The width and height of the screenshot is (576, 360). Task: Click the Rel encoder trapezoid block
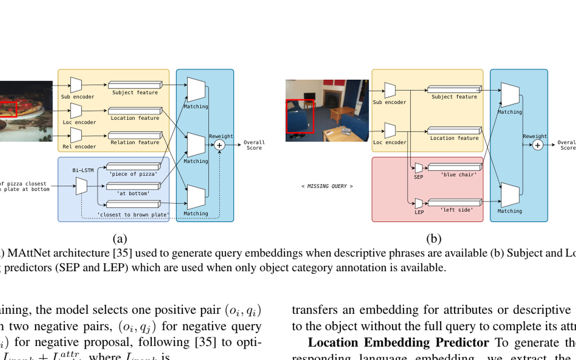coord(76,136)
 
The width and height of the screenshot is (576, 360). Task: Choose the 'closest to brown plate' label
coord(133,214)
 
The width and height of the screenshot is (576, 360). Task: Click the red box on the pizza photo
coord(8,109)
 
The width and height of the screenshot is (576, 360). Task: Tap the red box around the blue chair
coord(300,116)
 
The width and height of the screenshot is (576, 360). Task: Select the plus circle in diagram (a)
coord(220,145)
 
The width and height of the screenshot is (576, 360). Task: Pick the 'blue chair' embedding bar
coord(454,168)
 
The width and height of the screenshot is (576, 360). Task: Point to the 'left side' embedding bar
coord(454,203)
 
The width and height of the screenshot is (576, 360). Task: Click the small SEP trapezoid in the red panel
coord(419,168)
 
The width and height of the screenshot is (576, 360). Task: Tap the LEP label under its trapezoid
coord(419,212)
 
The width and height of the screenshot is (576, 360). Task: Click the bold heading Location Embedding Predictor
coord(397,343)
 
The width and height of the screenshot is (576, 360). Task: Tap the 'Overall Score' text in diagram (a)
coord(254,145)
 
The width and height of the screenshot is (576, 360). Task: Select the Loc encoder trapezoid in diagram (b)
coord(390,130)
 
